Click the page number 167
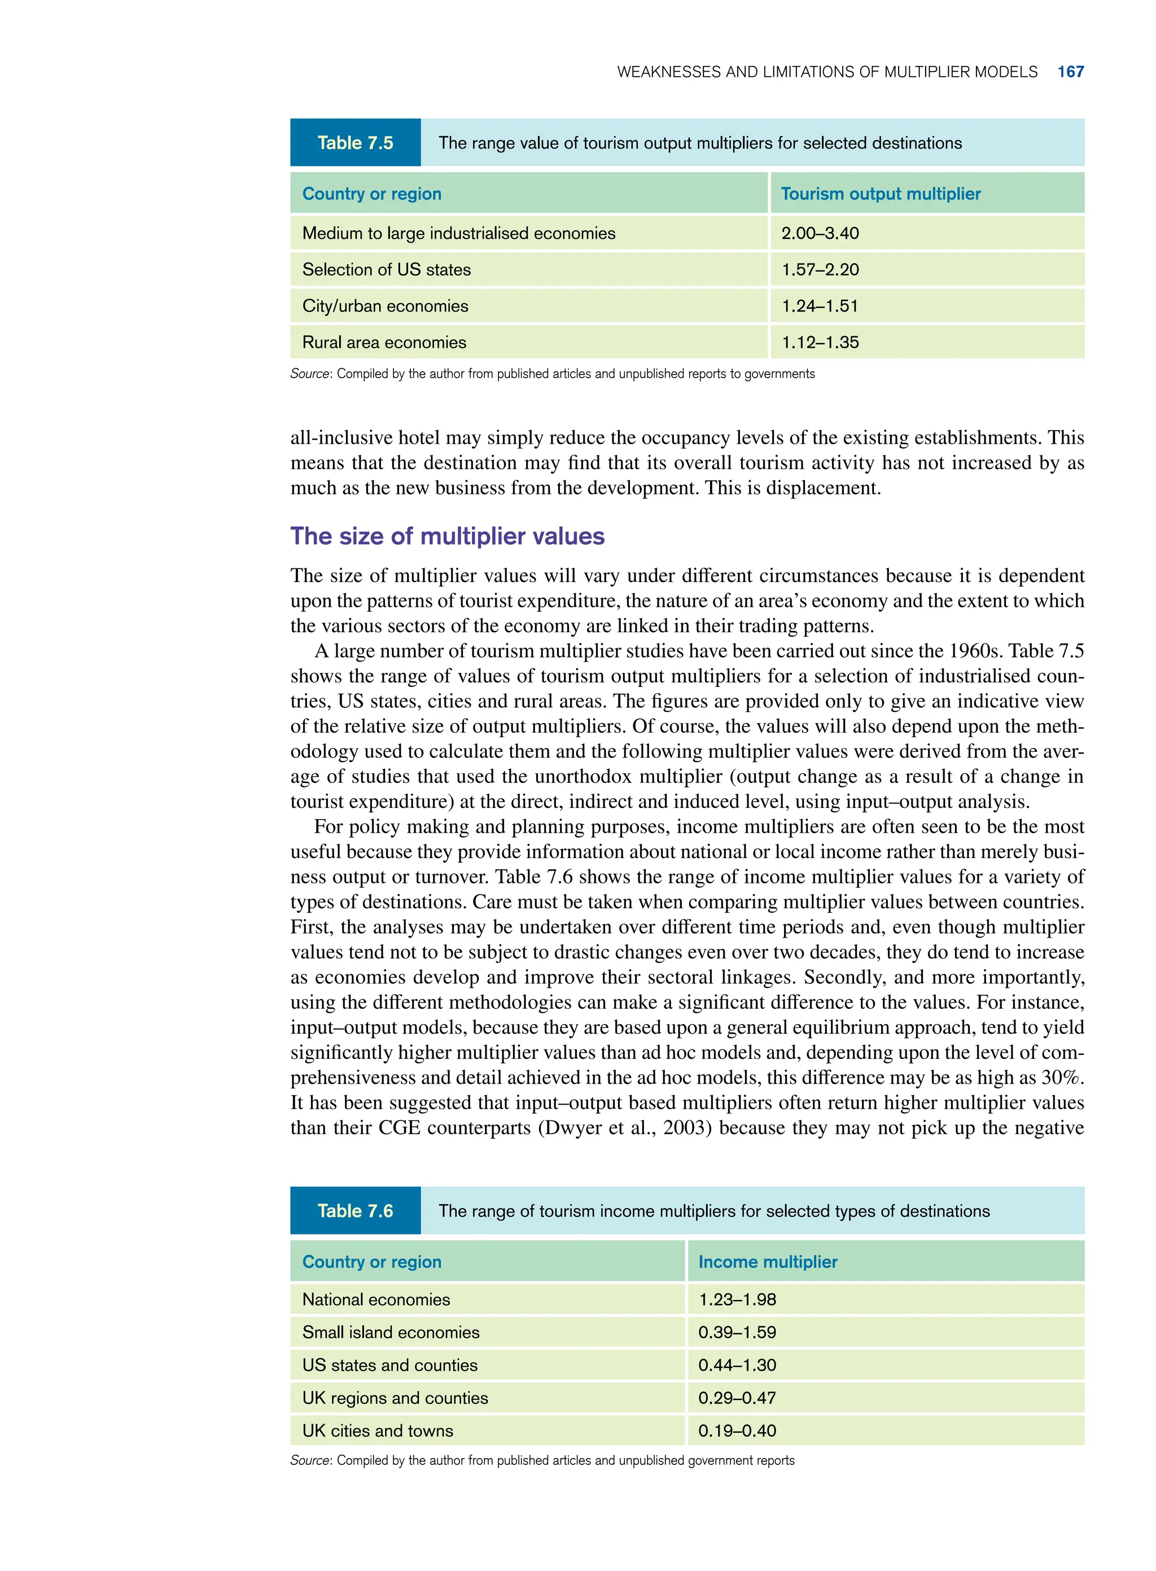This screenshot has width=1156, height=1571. [x=1070, y=72]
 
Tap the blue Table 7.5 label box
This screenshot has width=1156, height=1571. [x=355, y=143]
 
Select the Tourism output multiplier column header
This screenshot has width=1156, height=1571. [x=881, y=194]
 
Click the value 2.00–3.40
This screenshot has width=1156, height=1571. [x=820, y=233]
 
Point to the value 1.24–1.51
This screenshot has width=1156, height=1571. [x=820, y=306]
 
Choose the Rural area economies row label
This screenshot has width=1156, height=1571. [x=384, y=342]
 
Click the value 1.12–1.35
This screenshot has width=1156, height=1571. [x=820, y=342]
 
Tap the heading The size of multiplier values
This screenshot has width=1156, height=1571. [x=447, y=536]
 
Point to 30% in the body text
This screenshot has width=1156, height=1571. [x=1062, y=1077]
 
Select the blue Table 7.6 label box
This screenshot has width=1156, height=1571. [x=355, y=1211]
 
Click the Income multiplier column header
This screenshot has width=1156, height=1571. [x=768, y=1262]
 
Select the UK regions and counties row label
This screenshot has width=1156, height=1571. [x=395, y=1398]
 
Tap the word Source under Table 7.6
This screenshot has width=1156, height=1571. [x=309, y=1460]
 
